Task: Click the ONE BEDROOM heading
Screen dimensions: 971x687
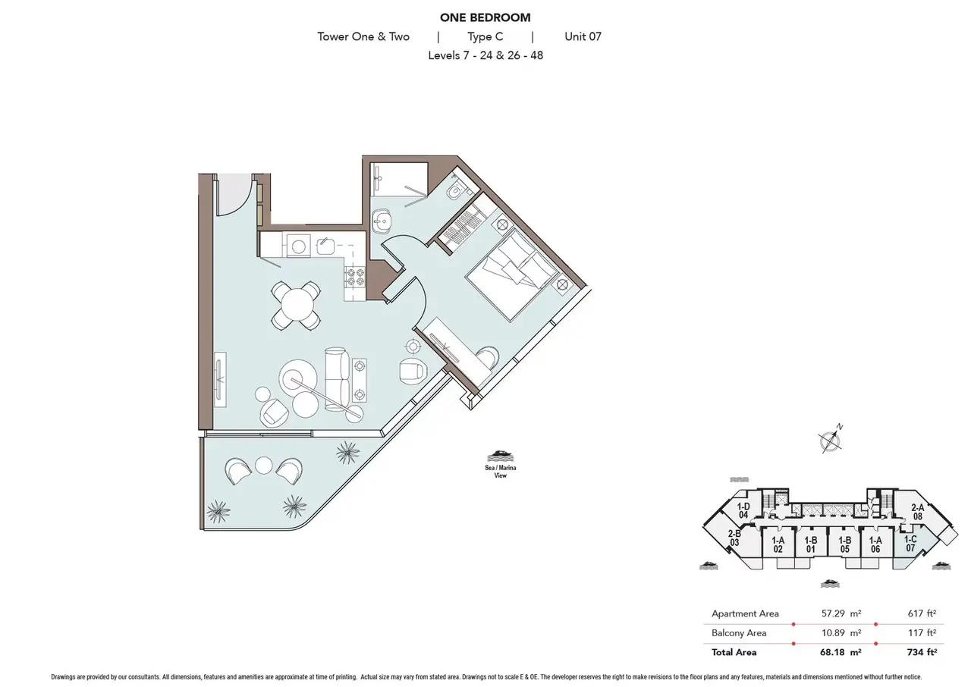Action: coord(485,17)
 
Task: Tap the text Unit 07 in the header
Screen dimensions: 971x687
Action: coord(583,36)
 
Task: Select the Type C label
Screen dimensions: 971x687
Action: coord(485,37)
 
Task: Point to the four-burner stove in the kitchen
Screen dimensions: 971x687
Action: coord(354,276)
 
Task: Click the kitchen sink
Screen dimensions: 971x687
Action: coord(325,246)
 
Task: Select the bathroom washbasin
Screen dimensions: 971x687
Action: coord(382,221)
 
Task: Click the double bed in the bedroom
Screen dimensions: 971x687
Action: coord(511,275)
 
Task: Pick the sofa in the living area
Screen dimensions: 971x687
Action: coord(338,378)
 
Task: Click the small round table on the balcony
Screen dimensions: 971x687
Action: coord(263,466)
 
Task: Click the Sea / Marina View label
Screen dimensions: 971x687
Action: coord(500,472)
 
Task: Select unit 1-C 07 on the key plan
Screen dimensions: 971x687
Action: coord(910,544)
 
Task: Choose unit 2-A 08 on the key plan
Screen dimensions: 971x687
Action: coord(917,512)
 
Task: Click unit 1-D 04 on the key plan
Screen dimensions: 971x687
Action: coord(743,510)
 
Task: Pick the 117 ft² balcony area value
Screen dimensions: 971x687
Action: coord(922,633)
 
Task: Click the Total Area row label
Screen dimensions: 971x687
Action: coord(734,652)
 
